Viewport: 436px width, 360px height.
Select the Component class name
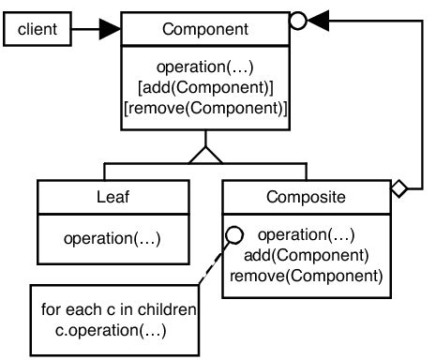[205, 29]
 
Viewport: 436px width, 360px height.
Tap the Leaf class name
[112, 198]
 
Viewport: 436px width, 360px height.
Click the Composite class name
[306, 198]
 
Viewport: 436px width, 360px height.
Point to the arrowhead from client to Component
[109, 30]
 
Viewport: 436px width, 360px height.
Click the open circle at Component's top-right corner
[298, 19]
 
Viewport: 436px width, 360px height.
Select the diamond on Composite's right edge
[398, 190]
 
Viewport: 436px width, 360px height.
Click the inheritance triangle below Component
[205, 154]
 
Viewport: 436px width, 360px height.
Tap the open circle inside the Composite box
[233, 234]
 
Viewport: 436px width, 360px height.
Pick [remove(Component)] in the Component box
[205, 109]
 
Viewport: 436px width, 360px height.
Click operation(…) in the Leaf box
[112, 238]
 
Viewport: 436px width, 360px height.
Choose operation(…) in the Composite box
[306, 234]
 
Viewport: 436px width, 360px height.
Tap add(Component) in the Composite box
[306, 254]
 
